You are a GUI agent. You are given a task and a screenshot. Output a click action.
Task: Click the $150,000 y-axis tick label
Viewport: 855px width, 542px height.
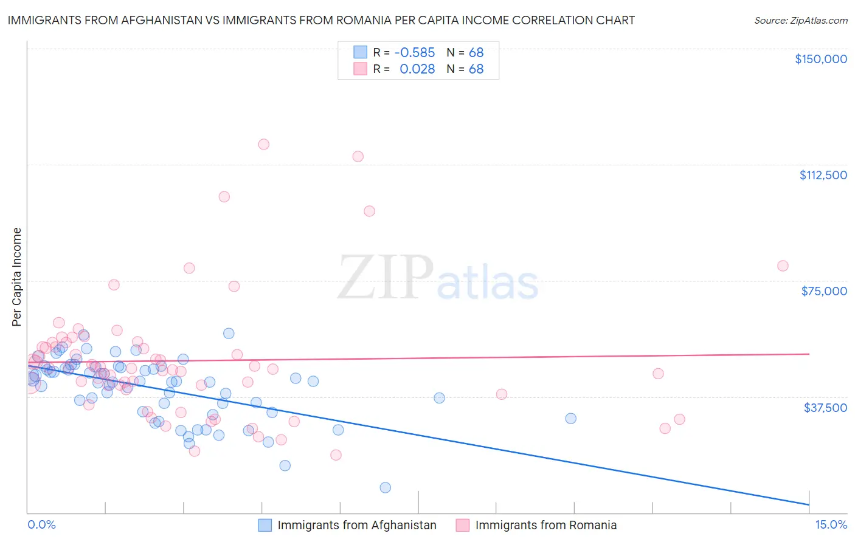[820, 59]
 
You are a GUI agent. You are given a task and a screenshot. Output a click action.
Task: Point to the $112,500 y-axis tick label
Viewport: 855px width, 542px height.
[823, 175]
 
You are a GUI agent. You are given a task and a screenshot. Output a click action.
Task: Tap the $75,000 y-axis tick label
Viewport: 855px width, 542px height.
[824, 291]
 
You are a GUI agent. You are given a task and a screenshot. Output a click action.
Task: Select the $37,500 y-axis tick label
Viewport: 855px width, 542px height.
[825, 408]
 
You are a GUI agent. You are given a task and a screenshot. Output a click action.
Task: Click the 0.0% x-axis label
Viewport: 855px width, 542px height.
[41, 525]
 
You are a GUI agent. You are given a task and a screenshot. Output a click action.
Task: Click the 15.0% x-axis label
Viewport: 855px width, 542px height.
[831, 525]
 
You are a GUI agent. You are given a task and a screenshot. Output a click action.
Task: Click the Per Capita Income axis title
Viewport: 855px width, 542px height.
[17, 276]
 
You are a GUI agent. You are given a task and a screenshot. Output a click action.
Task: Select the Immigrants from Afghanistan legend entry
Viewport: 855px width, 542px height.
[348, 525]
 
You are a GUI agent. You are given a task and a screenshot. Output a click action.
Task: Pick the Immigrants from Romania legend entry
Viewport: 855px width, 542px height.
[537, 525]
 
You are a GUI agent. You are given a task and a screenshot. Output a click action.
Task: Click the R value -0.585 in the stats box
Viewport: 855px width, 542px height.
[415, 53]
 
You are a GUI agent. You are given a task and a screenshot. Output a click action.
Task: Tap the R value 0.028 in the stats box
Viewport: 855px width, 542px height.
[417, 69]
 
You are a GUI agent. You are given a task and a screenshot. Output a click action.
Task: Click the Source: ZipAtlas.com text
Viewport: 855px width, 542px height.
[800, 21]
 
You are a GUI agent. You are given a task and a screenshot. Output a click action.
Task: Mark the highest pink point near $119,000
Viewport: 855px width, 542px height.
[263, 145]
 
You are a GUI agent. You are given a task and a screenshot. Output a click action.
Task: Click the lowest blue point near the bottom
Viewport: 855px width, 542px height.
[385, 487]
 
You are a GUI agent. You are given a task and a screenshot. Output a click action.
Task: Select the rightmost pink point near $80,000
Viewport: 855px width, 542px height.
[783, 266]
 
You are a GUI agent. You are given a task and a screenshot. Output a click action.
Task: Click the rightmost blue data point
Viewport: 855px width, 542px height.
[570, 419]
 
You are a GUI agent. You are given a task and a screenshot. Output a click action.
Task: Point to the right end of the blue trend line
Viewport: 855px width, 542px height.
[809, 504]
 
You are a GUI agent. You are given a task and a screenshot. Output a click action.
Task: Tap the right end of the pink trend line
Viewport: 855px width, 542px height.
[809, 354]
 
